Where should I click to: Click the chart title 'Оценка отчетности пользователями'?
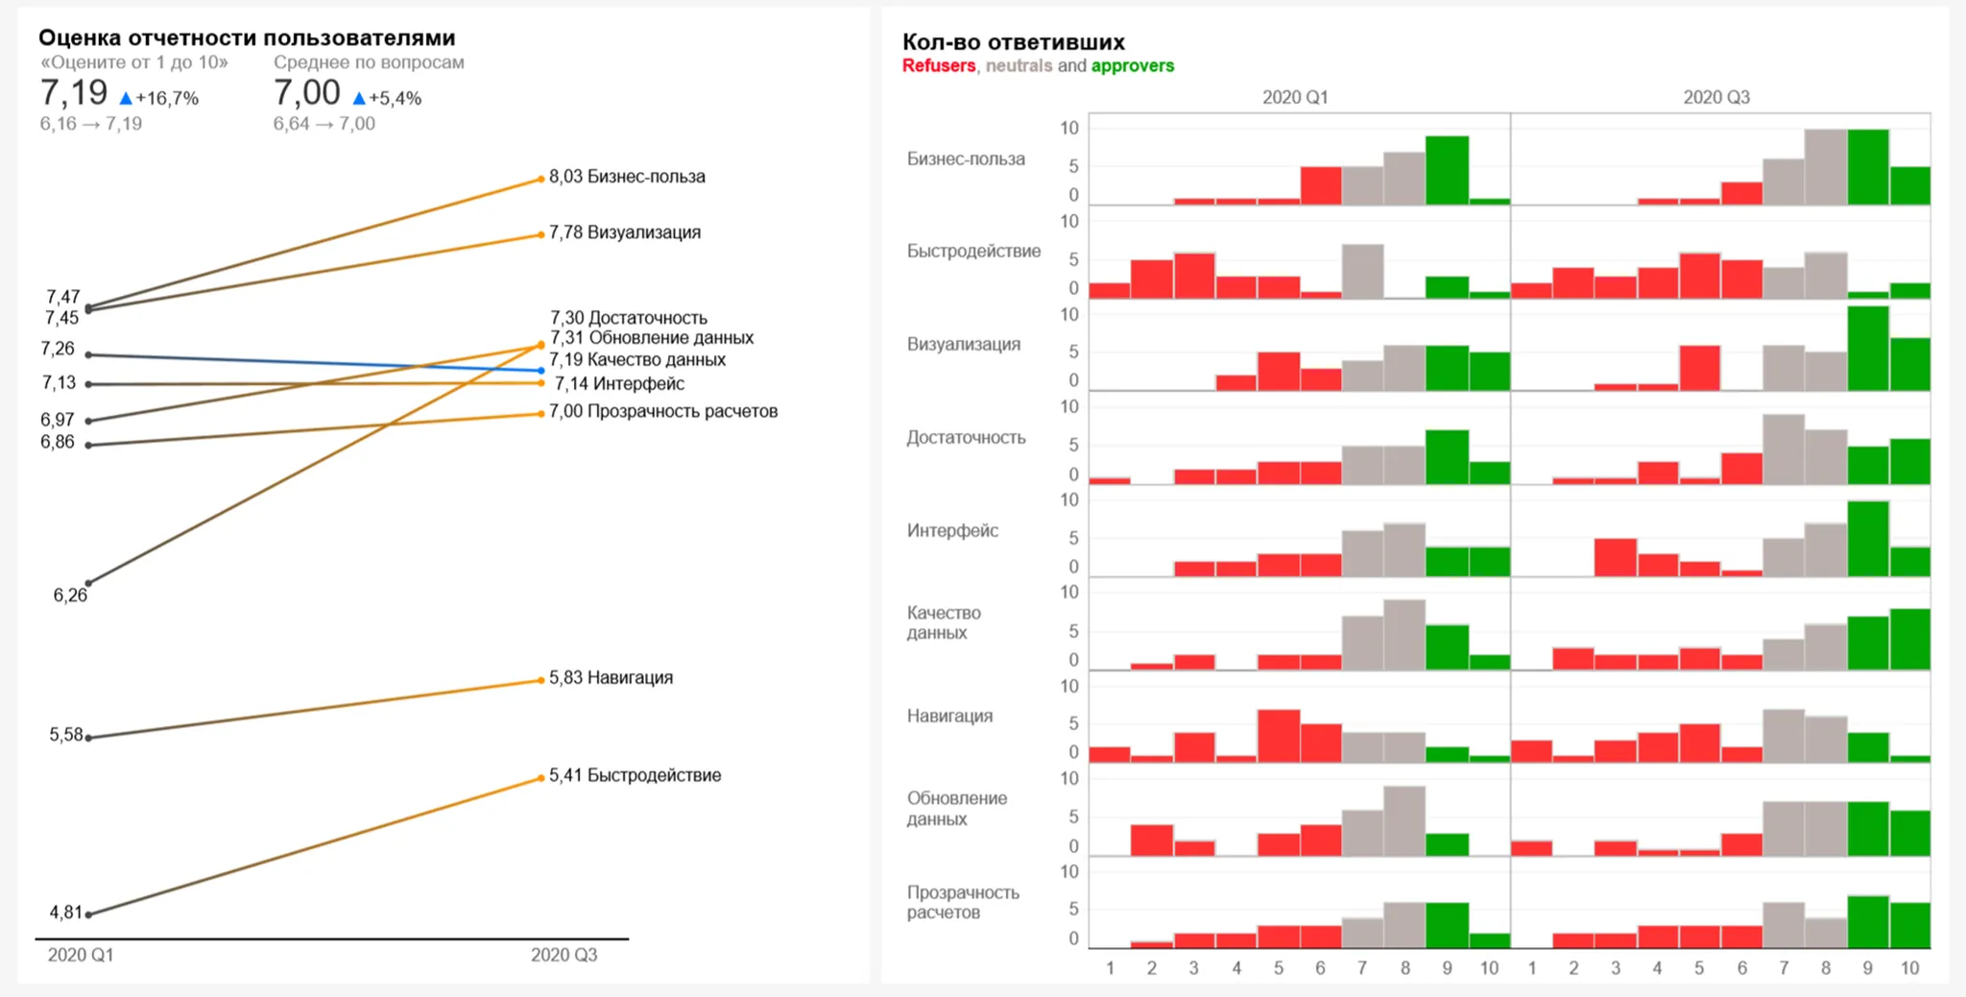click(x=247, y=37)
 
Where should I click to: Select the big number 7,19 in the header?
click(x=74, y=93)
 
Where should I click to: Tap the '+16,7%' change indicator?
click(x=166, y=98)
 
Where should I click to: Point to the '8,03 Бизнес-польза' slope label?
click(x=627, y=177)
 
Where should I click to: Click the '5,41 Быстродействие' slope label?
click(x=635, y=775)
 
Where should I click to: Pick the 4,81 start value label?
click(x=65, y=912)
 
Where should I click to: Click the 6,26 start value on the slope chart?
click(x=70, y=596)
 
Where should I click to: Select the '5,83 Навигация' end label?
click(x=611, y=678)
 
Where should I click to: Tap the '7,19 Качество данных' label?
click(x=637, y=360)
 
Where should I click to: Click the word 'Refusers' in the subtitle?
click(x=938, y=66)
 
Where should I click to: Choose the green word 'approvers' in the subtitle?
click(x=1132, y=66)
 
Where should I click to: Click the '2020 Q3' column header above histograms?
click(x=1715, y=98)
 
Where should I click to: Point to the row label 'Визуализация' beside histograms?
click(x=963, y=344)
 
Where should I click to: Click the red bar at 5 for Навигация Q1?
click(x=1279, y=736)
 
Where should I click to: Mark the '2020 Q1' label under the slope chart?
click(x=81, y=955)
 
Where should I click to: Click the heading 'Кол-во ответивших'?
click(x=1013, y=42)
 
